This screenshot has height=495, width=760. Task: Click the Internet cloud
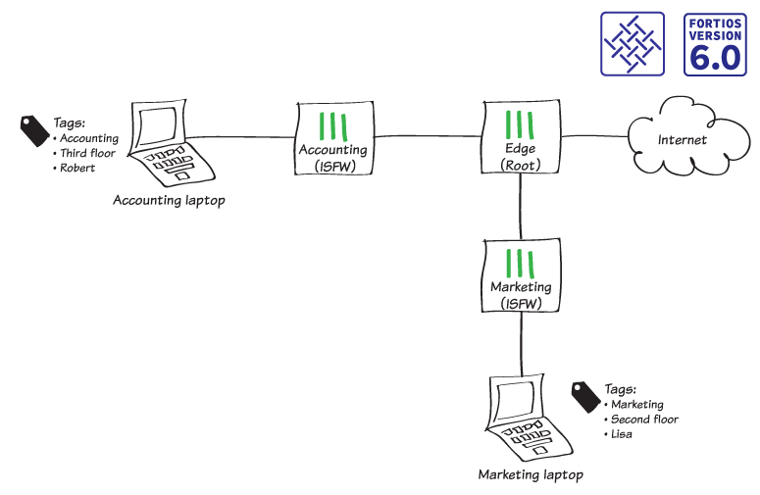pos(682,139)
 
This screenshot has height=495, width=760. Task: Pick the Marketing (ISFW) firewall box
pos(521,276)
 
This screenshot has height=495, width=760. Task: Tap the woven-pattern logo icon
pos(633,45)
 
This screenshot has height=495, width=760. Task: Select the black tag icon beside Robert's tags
pos(34,130)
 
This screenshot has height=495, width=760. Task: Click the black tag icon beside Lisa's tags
pos(585,395)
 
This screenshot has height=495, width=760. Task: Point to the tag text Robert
pos(77,169)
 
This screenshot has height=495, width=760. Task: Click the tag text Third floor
pos(87,154)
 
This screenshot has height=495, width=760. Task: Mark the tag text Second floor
pos(644,420)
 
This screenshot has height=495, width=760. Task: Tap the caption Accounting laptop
pos(169,201)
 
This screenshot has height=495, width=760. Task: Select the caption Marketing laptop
pos(531,475)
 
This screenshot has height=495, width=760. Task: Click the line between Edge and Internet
pos(593,137)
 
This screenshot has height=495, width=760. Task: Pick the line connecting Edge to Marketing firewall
pos(521,210)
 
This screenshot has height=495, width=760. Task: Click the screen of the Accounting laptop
pos(158,125)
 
